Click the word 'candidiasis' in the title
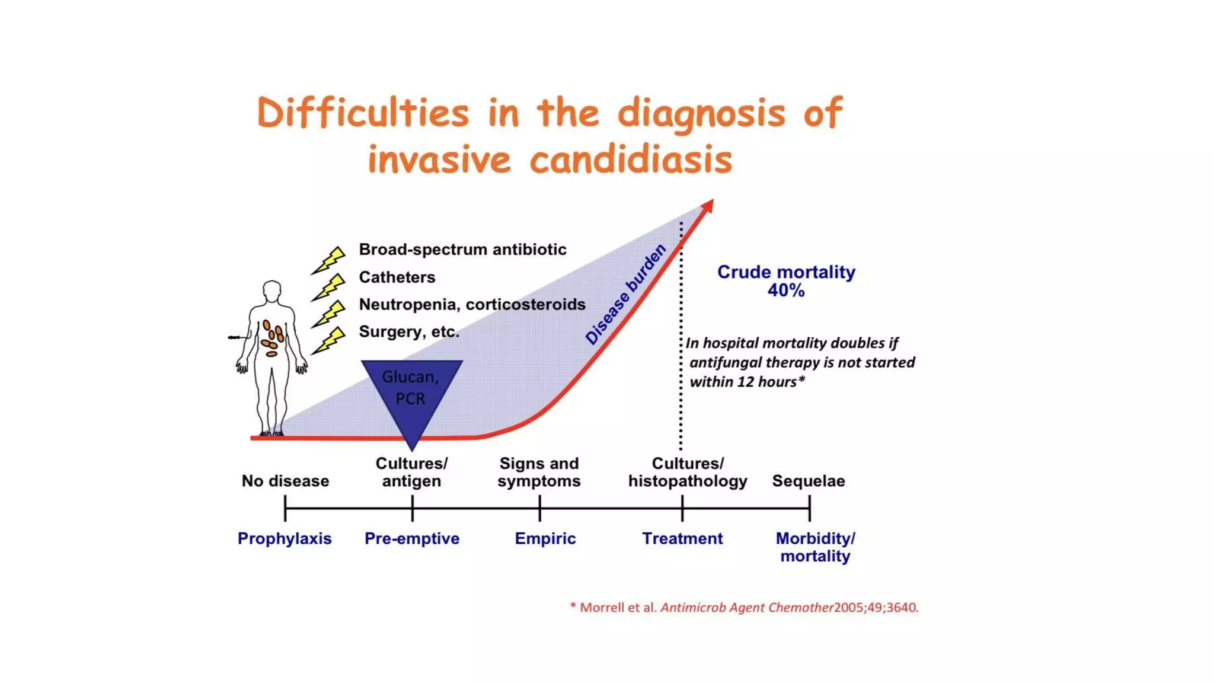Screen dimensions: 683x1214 point(631,160)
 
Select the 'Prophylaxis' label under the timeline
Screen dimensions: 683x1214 point(285,538)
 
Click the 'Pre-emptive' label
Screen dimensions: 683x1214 point(412,538)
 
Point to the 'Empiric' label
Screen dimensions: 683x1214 point(545,538)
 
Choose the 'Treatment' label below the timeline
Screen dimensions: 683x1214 point(682,538)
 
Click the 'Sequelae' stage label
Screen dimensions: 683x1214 point(808,481)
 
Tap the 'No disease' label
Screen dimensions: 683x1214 point(285,481)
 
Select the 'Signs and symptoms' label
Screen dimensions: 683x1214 point(539,472)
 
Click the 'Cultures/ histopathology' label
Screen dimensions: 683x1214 point(688,472)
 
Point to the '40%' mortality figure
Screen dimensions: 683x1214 point(786,291)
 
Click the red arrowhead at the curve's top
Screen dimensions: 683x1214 point(708,206)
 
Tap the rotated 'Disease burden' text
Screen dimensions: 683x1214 point(626,294)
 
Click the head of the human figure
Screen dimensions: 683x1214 point(272,291)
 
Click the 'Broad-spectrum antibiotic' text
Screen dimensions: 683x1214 point(462,250)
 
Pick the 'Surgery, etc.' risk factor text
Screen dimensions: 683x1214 point(409,331)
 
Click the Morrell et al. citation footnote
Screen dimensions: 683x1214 point(744,607)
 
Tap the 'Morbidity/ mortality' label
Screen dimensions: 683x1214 point(815,547)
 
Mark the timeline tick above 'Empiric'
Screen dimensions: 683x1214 point(539,508)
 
